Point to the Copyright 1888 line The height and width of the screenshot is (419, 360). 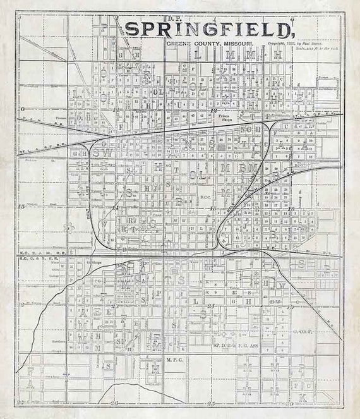tap(294, 43)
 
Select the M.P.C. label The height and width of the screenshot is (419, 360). tap(174, 361)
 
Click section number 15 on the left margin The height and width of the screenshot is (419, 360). tap(21, 206)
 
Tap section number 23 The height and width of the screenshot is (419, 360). tap(212, 306)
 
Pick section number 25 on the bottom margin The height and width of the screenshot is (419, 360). tap(212, 403)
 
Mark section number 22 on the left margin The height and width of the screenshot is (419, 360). tap(21, 306)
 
